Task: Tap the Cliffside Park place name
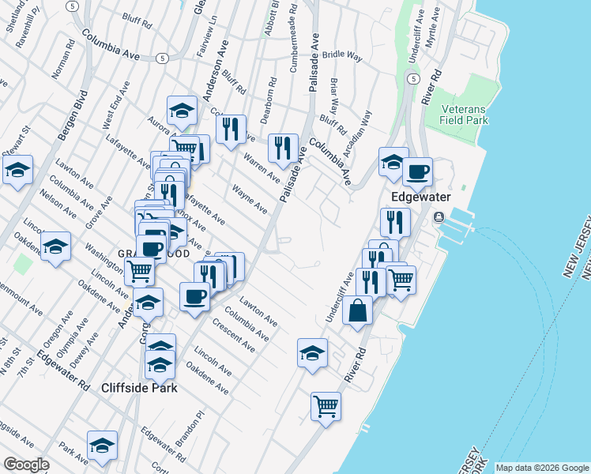coord(139,388)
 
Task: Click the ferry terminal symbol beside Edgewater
coord(439,216)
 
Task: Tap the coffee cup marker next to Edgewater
coord(417,171)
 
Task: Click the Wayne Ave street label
coord(250,198)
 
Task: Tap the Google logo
coord(27,465)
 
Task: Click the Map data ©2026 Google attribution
coord(541,468)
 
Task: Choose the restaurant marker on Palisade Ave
coord(282,147)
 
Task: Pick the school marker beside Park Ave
coord(102,446)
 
